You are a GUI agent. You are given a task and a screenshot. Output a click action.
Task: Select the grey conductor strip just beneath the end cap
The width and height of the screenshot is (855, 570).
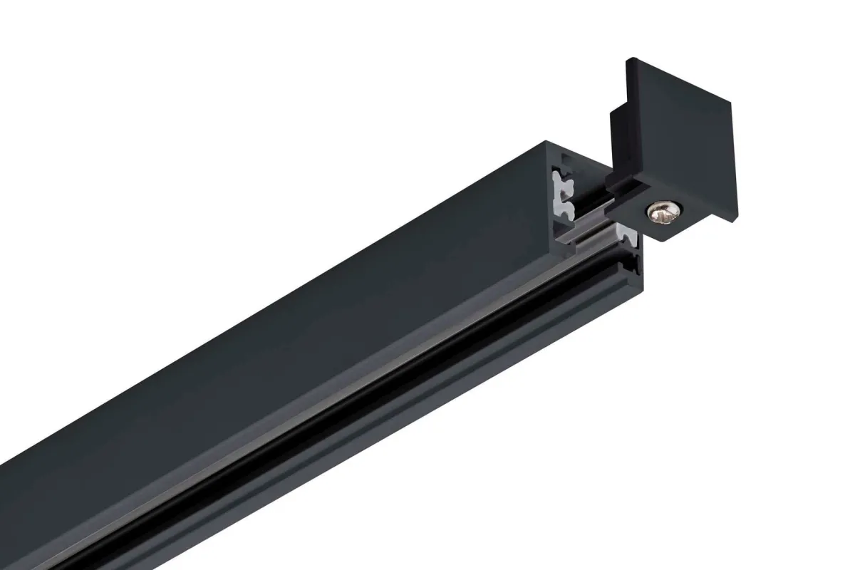tap(627, 234)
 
